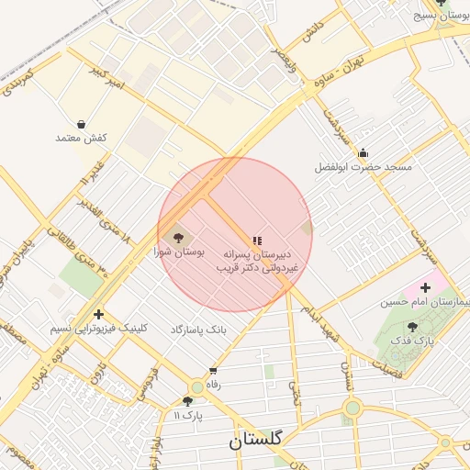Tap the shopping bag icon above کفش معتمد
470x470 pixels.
pos(82,124)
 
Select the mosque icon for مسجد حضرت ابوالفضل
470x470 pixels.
pos(364,153)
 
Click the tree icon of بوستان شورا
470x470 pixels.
pos(178,237)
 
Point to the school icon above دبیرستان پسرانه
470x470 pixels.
pos(257,240)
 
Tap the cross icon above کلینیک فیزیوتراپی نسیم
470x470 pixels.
pos(98,315)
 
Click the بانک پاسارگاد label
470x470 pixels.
pos(198,329)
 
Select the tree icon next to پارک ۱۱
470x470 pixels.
pos(188,400)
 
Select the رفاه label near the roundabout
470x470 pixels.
pos(214,385)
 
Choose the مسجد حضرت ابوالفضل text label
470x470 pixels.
pos(364,167)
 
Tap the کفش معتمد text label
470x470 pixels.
pos(83,138)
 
